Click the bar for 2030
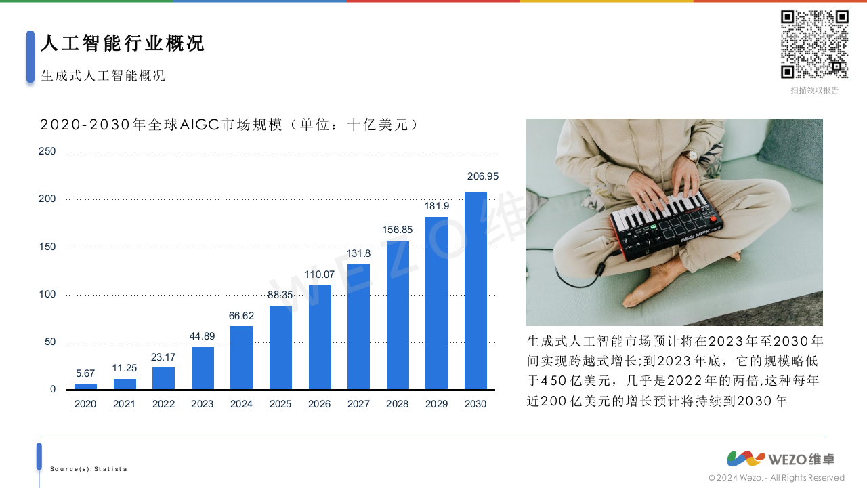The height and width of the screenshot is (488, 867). pos(475,291)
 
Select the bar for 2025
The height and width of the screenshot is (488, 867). pos(280,348)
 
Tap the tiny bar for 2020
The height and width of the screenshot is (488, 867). pos(85,387)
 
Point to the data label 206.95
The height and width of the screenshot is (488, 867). pos(483,176)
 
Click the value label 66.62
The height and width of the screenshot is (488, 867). pos(242,316)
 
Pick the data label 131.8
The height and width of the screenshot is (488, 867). pos(358,253)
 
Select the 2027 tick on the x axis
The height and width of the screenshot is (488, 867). pos(358,404)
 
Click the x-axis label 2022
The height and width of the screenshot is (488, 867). pos(163,404)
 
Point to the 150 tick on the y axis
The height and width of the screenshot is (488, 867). pos(47,247)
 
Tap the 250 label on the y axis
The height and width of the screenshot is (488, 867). pos(47,151)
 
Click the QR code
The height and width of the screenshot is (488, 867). pos(814,44)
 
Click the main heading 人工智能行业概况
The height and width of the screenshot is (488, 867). pos(122,43)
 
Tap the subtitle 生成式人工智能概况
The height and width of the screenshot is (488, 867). pos(103,75)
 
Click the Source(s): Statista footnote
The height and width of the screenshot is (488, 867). pos(89,469)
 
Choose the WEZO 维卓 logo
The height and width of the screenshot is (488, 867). pos(780,459)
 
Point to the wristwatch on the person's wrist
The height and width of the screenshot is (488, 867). pos(690,156)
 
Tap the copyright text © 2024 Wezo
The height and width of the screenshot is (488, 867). pos(776,478)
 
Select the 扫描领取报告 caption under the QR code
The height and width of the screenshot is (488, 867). pos(814,90)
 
